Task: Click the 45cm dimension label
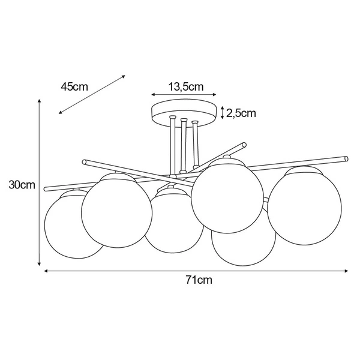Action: pyautogui.click(x=74, y=86)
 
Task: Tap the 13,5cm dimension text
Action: pyautogui.click(x=185, y=86)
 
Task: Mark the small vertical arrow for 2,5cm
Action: pyautogui.click(x=223, y=112)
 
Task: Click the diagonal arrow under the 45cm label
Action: pyautogui.click(x=92, y=94)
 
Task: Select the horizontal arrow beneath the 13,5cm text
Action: pyautogui.click(x=184, y=95)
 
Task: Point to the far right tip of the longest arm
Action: pyautogui.click(x=346, y=158)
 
